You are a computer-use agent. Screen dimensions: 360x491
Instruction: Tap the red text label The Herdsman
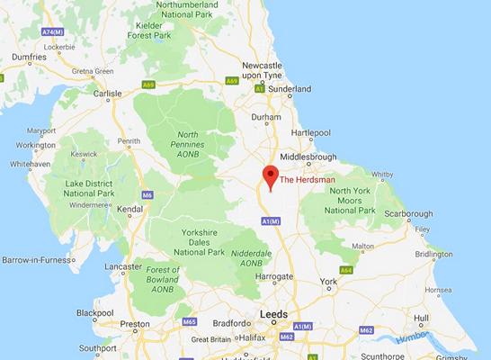coord(308,180)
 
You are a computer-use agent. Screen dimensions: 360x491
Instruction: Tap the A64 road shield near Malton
coord(345,270)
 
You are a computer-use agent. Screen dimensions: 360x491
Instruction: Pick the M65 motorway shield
coord(189,321)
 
